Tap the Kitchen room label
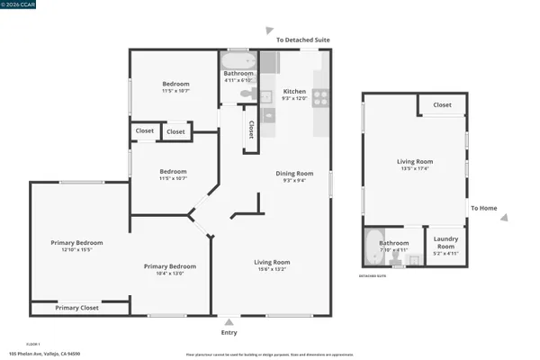click(294, 92)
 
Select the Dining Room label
click(294, 173)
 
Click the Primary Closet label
click(76, 308)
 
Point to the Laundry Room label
click(445, 242)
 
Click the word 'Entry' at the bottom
click(229, 332)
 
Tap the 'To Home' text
click(483, 208)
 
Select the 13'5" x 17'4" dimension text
click(415, 168)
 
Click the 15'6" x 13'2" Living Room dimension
click(271, 269)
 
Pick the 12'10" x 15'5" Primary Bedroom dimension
click(76, 249)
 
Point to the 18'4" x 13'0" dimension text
click(170, 273)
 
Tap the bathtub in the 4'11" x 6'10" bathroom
click(238, 62)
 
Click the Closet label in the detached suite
click(442, 105)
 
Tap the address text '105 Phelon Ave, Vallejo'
click(44, 354)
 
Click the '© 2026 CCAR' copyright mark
click(15, 5)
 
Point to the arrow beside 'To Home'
click(504, 217)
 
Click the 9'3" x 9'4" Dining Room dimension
click(294, 180)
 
